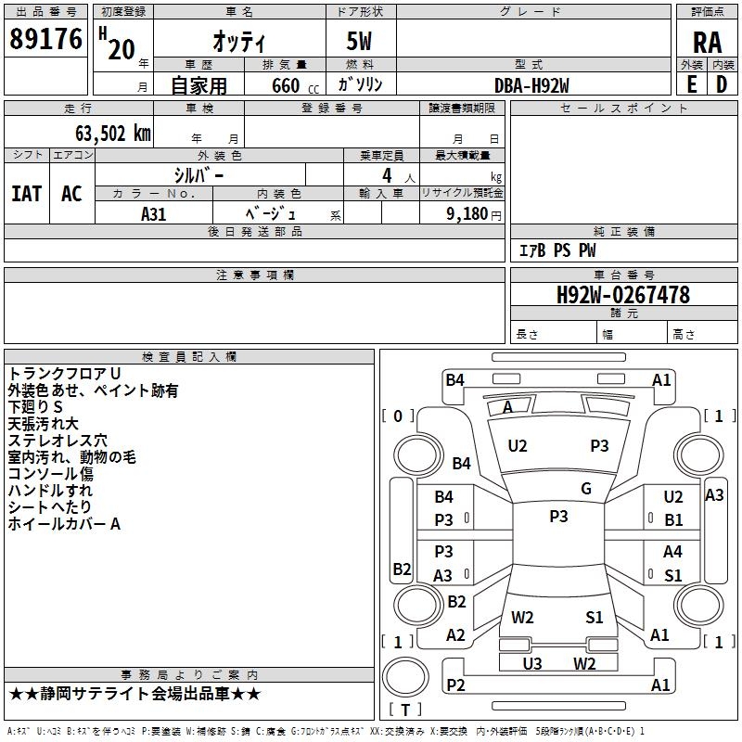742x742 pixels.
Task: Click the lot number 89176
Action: (45, 39)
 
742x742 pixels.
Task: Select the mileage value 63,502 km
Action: (113, 134)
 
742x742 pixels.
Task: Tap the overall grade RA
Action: (707, 43)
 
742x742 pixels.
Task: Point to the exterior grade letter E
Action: (691, 84)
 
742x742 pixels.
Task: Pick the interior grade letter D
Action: (722, 84)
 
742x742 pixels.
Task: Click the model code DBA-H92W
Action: (531, 85)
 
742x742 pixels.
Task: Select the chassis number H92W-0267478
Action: (623, 295)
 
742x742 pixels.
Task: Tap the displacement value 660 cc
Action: (295, 85)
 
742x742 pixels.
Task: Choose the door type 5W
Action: (359, 41)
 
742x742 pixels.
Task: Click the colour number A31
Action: (154, 214)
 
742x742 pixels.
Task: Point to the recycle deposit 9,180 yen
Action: (474, 214)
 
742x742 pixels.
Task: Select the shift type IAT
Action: (27, 194)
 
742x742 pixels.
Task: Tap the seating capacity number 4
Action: (387, 175)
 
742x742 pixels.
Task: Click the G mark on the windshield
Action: (586, 489)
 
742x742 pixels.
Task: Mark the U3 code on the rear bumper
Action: (532, 663)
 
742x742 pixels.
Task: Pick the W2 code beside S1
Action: (522, 618)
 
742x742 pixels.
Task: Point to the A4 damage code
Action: (672, 551)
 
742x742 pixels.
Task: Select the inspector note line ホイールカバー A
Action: (64, 524)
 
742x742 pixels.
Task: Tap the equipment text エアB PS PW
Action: (557, 250)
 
